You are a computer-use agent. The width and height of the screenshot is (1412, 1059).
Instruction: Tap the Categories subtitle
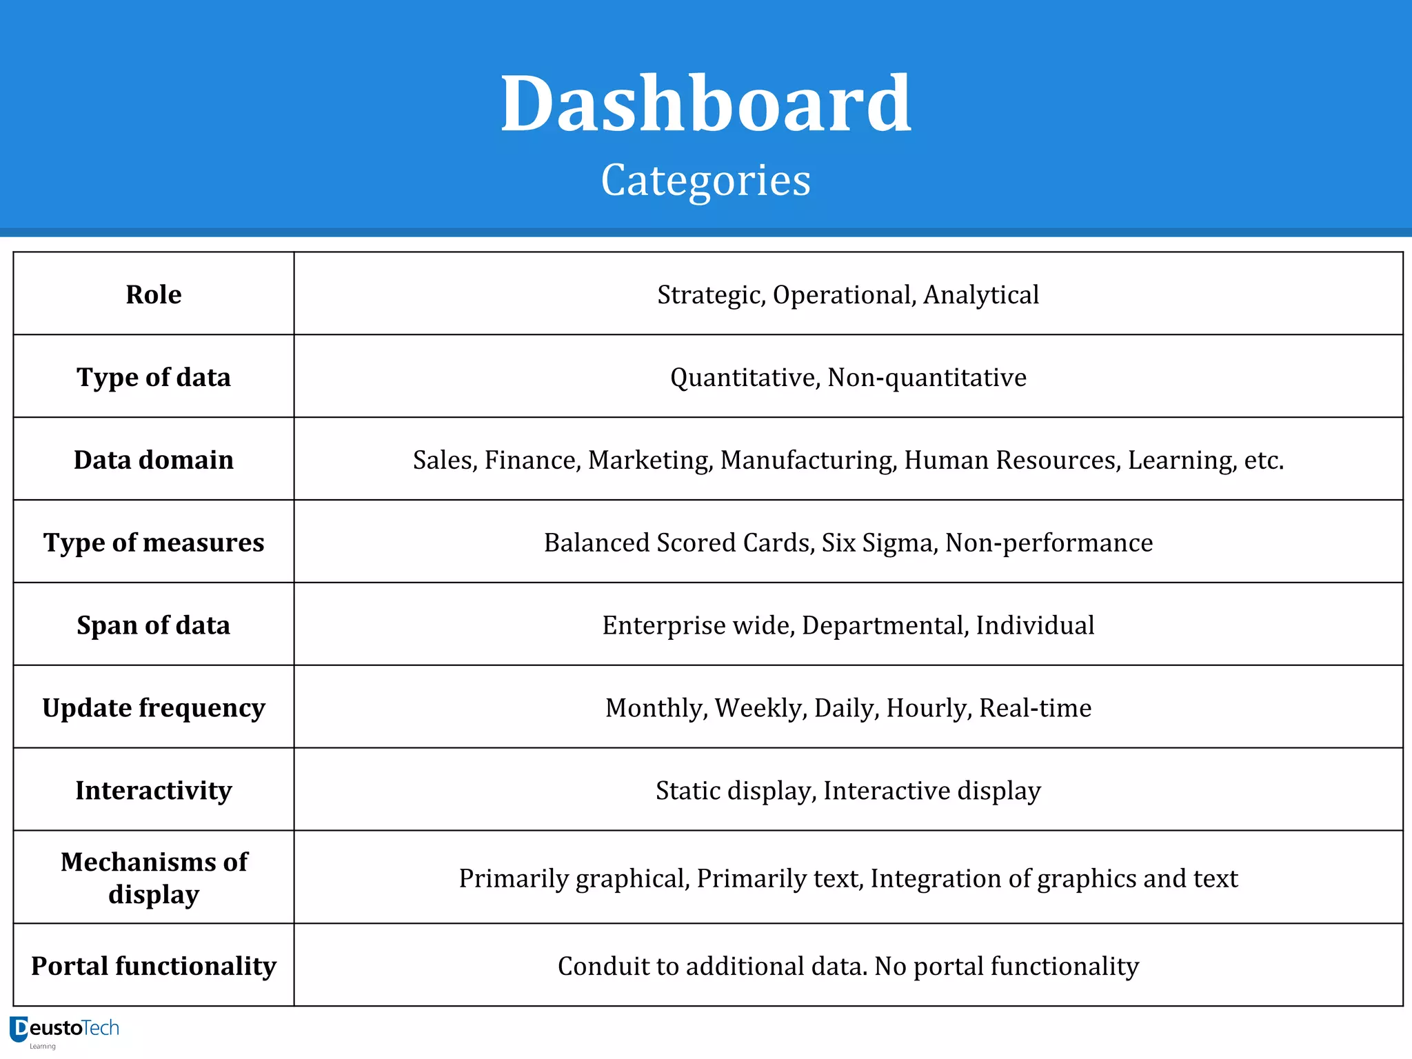coord(705,181)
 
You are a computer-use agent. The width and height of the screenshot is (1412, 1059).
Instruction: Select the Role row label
coord(153,294)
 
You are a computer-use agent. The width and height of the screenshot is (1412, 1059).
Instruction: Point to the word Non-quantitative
coord(927,378)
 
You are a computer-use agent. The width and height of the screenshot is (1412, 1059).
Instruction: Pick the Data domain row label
coord(153,460)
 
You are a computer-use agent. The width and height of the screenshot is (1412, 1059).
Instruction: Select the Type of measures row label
coord(153,543)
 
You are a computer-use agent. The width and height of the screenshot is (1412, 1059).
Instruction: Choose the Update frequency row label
coord(153,708)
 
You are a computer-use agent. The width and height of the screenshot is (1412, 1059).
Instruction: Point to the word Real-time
coord(1035,708)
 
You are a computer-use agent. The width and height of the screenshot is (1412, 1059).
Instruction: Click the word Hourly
coord(929,708)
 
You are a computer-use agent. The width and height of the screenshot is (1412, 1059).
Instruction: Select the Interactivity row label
coord(153,791)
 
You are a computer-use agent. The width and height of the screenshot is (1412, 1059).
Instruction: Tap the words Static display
coord(735,791)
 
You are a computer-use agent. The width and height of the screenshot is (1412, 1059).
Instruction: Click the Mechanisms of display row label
coord(153,878)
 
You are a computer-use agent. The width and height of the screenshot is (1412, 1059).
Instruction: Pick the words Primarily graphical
coord(574,879)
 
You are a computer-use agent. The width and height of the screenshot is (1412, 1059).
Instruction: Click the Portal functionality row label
coord(153,966)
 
